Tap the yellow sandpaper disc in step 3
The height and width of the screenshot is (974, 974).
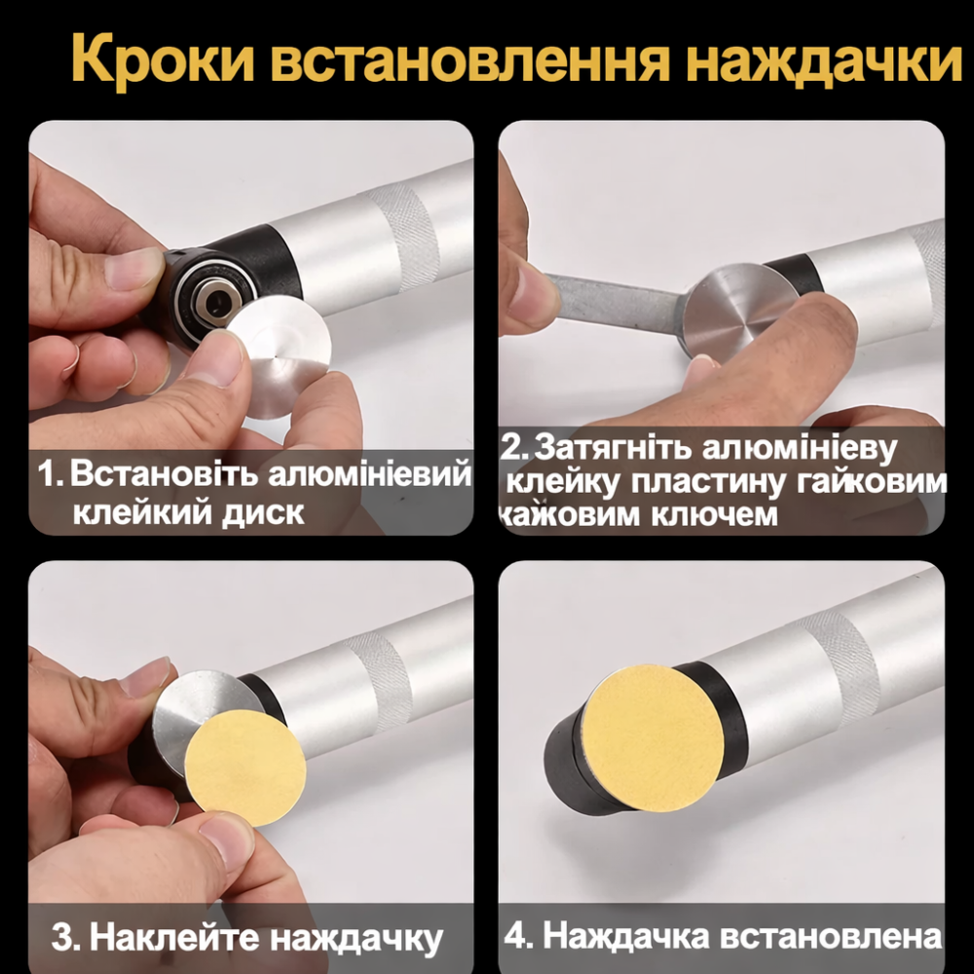click(246, 766)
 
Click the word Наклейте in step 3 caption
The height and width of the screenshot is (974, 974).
click(175, 939)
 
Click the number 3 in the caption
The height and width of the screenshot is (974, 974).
click(63, 939)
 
